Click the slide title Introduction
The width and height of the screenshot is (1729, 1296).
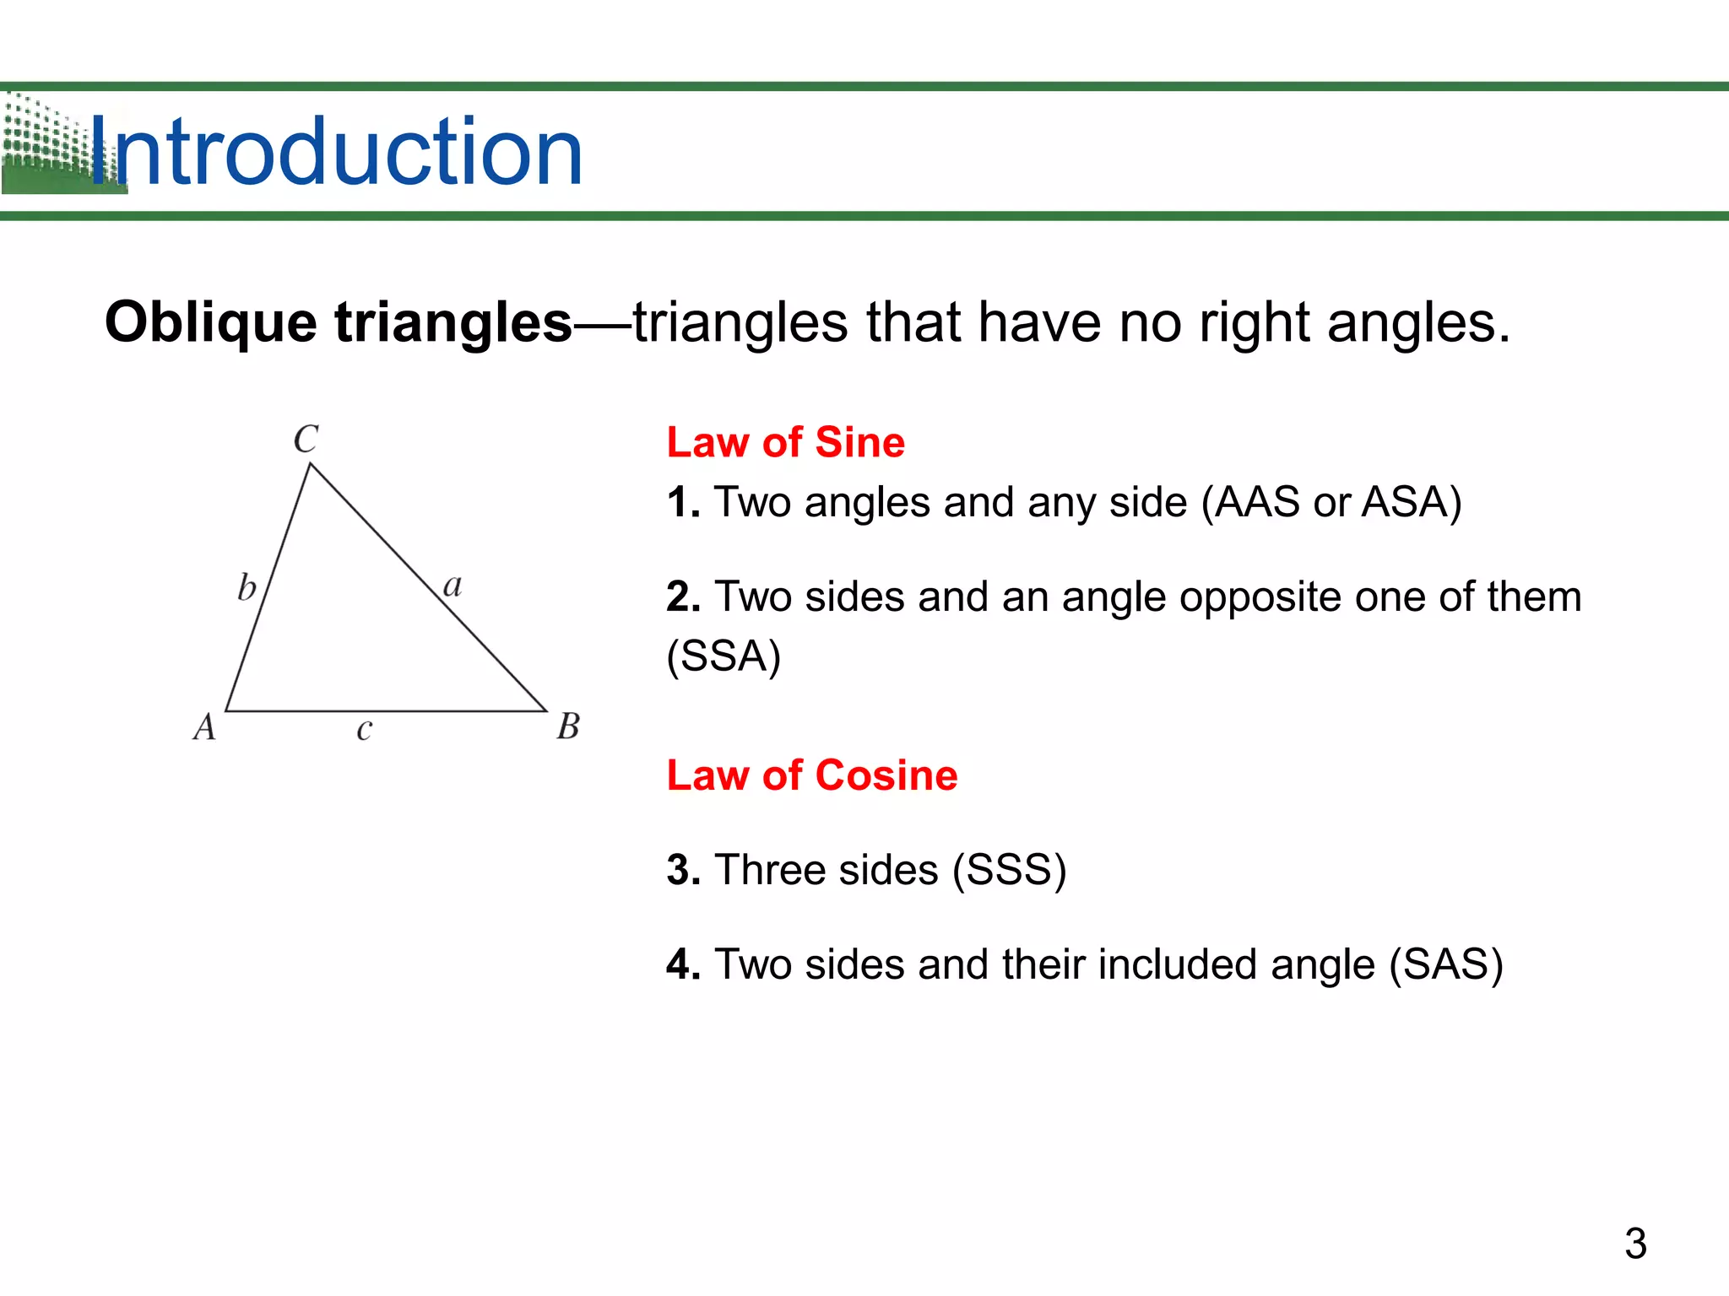336,152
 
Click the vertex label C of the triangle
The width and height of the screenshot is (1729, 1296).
306,440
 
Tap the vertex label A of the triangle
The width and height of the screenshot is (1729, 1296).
204,726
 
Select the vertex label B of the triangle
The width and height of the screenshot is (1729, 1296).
568,726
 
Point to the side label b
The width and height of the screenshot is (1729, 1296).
247,587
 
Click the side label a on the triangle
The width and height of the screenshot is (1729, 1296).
453,585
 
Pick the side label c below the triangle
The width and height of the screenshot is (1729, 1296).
364,729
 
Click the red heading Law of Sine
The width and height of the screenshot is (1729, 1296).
785,442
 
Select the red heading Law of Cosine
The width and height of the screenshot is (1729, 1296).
812,775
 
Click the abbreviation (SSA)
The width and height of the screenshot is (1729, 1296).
724,656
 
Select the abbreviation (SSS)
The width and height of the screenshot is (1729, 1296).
1010,870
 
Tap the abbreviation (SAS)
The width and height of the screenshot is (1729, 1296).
1446,964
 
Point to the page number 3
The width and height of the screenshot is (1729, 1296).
1635,1243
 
